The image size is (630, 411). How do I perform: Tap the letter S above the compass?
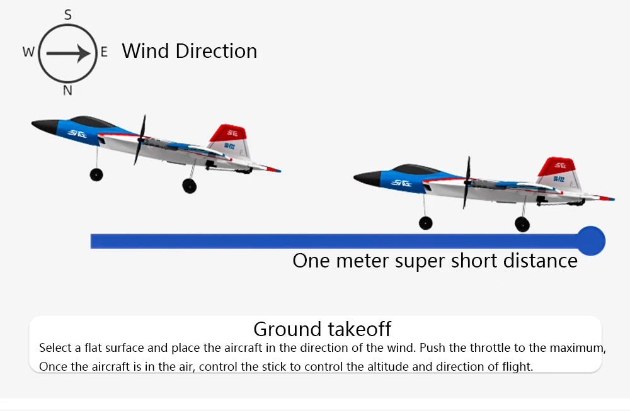(68, 14)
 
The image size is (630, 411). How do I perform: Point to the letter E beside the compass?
(105, 52)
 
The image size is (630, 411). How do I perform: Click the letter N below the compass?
(67, 90)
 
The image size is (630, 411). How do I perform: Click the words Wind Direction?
(189, 51)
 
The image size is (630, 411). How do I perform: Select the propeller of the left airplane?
(140, 140)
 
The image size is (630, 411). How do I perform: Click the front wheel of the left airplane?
(96, 174)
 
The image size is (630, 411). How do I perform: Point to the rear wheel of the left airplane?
(189, 186)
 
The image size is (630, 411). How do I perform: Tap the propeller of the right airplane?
(467, 183)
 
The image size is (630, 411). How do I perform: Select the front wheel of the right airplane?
(426, 222)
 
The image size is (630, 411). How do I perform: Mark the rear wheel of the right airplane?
(522, 224)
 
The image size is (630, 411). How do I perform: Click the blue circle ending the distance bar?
(591, 241)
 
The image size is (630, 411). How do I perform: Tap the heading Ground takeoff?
(322, 329)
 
